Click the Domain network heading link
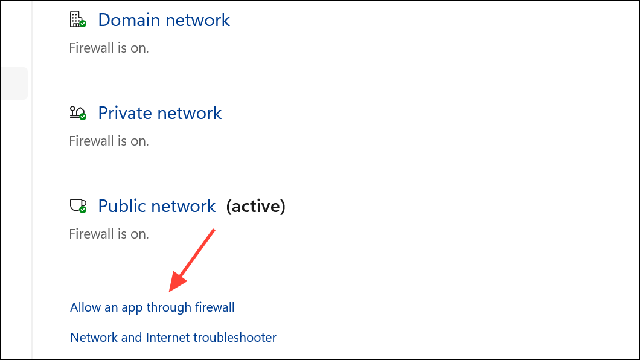(164, 20)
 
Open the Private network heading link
(159, 113)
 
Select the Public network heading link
(156, 206)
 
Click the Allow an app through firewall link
(152, 307)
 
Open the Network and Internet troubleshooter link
(173, 337)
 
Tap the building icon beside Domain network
(77, 20)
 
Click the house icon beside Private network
(77, 113)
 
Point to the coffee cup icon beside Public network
(77, 206)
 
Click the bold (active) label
(255, 206)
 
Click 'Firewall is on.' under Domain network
(109, 48)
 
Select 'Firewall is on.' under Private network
(109, 141)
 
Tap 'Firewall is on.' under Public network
(109, 234)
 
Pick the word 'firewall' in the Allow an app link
(214, 307)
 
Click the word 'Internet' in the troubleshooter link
(167, 337)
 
